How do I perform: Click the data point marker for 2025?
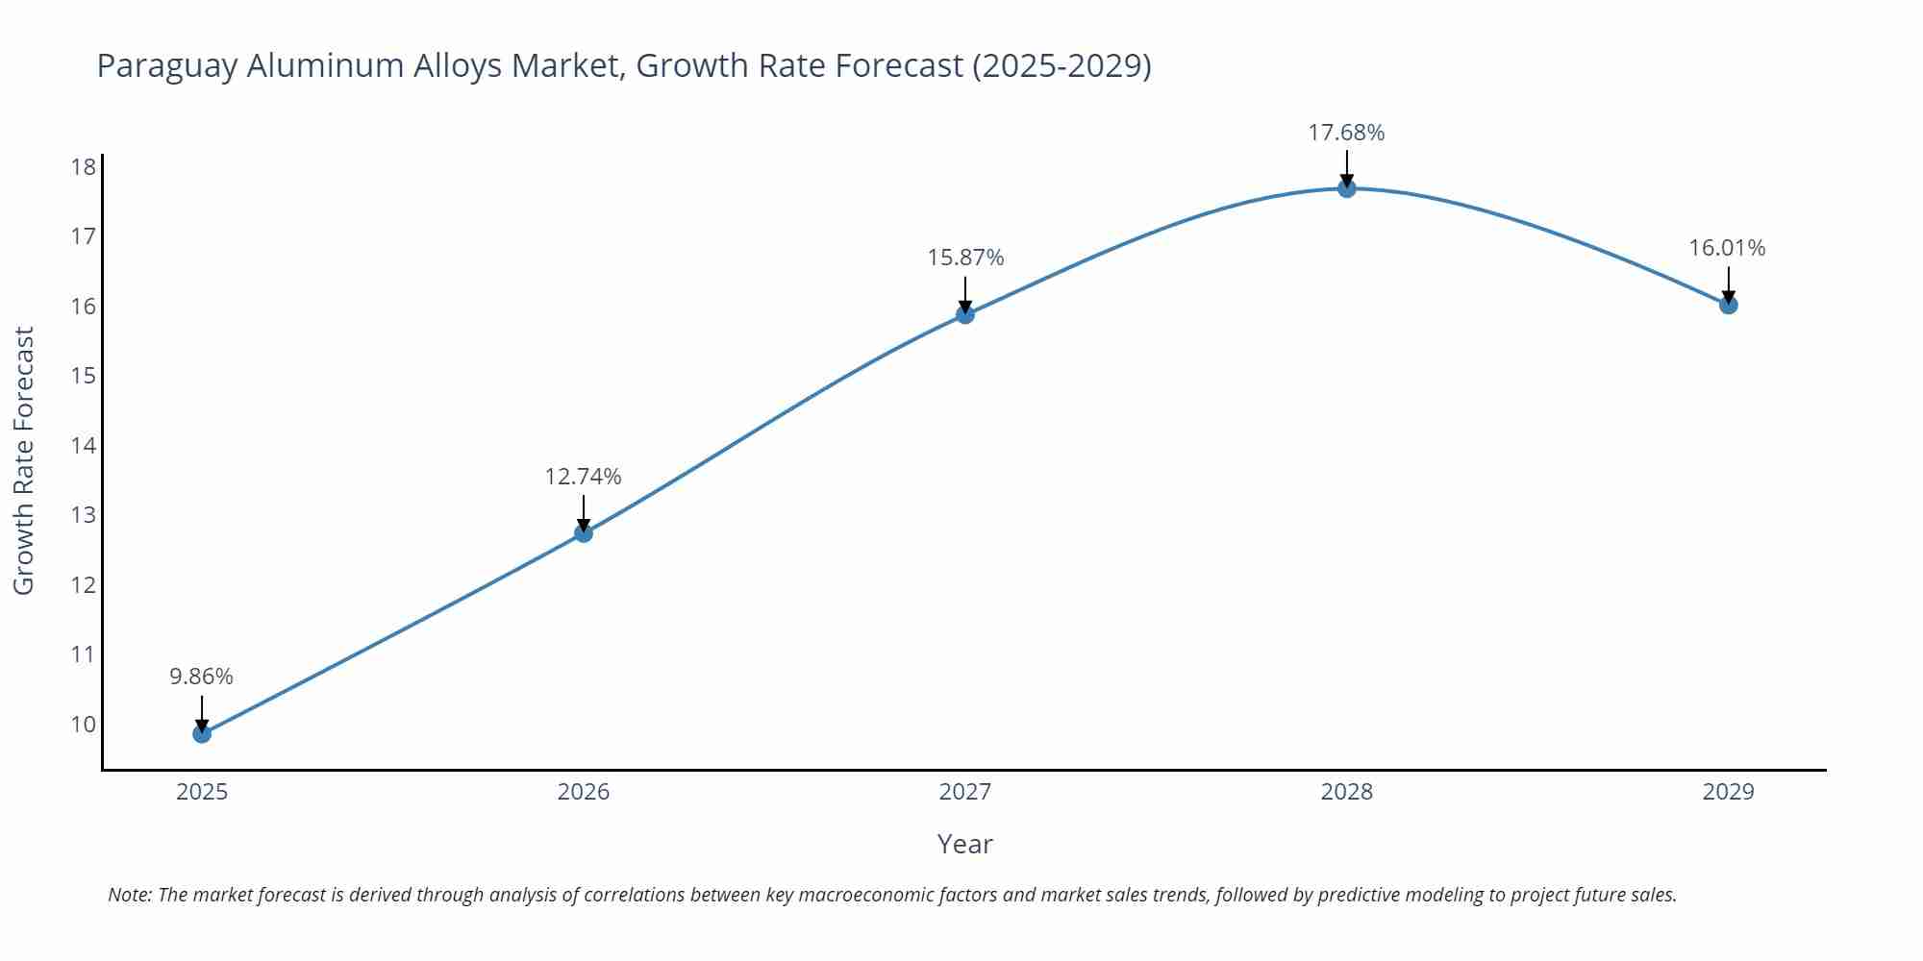(x=202, y=733)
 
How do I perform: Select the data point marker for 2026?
(x=584, y=532)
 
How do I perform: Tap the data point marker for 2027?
(x=965, y=314)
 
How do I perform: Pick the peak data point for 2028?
(x=1347, y=188)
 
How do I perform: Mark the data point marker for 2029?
(x=1728, y=305)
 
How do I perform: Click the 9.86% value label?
(x=202, y=677)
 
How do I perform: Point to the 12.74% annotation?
(x=584, y=477)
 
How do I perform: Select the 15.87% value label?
(x=965, y=258)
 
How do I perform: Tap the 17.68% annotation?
(x=1346, y=133)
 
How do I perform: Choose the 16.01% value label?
(x=1727, y=248)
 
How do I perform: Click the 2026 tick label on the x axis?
(x=584, y=792)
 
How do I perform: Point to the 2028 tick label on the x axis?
(x=1346, y=792)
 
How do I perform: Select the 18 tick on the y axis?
(x=84, y=167)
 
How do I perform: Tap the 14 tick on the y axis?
(x=84, y=445)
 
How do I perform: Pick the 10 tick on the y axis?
(x=84, y=724)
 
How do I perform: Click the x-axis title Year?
(x=964, y=844)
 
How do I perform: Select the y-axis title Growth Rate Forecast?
(x=24, y=460)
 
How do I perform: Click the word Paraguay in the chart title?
(x=167, y=66)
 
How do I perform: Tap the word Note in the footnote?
(x=129, y=895)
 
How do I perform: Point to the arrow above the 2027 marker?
(x=965, y=292)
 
